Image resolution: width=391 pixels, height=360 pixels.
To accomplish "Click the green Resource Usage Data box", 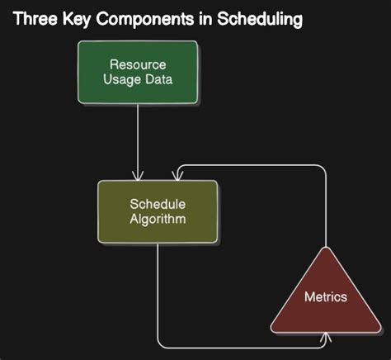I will point(138,72).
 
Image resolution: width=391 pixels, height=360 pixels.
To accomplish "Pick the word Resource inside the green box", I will point(138,64).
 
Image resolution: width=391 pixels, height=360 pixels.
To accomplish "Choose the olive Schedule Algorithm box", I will point(158,212).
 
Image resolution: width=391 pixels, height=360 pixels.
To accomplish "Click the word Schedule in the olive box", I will point(158,205).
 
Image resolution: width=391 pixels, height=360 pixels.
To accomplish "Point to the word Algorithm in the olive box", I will point(158,220).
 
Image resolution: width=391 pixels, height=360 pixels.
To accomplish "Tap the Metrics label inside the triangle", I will point(327,297).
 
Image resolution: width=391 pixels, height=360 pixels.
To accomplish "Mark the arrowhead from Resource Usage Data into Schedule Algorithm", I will point(138,175).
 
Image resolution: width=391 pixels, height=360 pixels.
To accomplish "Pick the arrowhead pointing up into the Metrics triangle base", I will point(327,337).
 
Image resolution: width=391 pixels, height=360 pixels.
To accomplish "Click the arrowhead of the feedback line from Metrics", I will point(176,175).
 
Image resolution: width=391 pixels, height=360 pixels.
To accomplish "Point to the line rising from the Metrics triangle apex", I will point(327,206).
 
